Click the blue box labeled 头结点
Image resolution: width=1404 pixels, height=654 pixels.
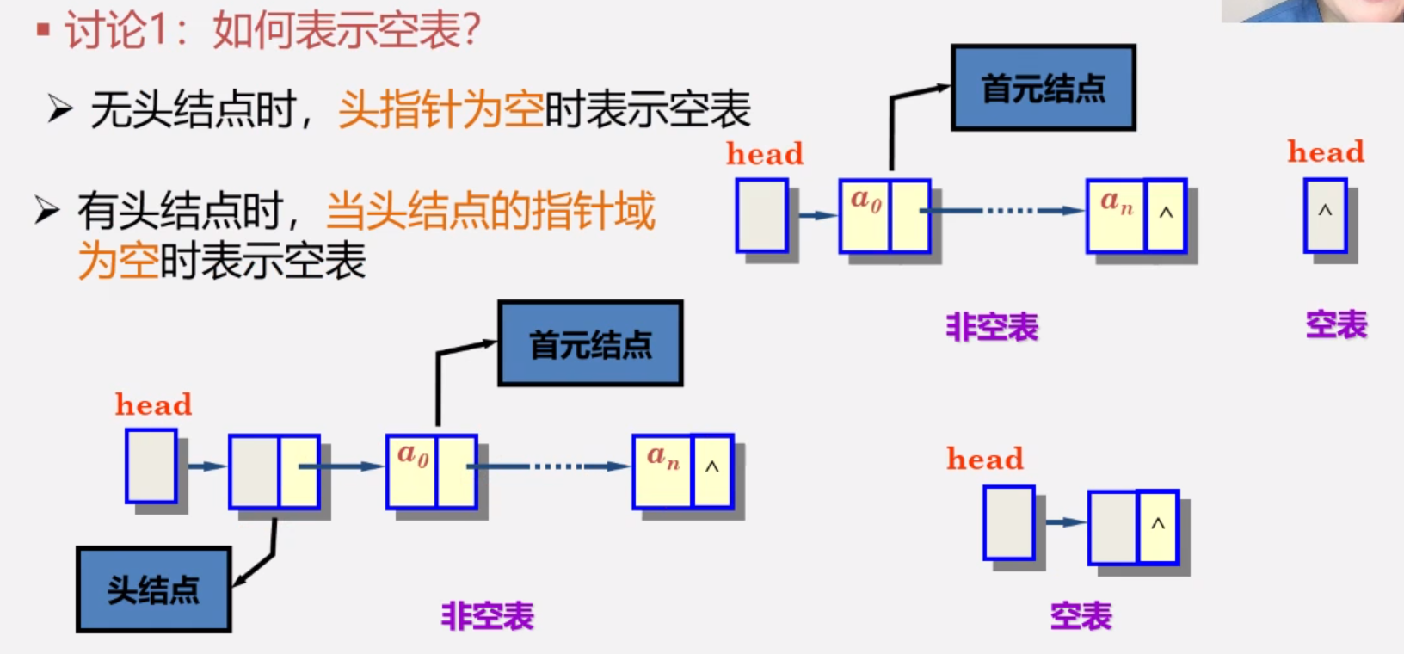(153, 589)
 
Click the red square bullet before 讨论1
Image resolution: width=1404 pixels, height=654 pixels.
(43, 31)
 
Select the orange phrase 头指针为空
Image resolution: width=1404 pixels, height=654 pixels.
(440, 110)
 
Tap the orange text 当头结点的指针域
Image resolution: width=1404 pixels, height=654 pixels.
(490, 211)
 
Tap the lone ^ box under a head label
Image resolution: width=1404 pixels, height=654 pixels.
(1325, 215)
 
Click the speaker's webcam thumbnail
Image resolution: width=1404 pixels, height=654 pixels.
(1312, 10)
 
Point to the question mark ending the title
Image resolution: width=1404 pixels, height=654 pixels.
(471, 31)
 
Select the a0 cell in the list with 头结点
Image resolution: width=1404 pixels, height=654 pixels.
(412, 471)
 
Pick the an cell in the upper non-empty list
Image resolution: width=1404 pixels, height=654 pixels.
(1116, 215)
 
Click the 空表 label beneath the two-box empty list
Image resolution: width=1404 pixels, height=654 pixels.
(1081, 616)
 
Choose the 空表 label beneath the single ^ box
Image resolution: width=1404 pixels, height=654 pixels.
(1336, 325)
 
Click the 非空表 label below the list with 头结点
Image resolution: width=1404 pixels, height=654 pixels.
(488, 616)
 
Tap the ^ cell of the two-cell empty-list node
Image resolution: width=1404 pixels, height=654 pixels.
(1158, 526)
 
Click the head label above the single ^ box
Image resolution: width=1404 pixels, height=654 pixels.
(1326, 152)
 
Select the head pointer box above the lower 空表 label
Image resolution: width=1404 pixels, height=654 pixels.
(1009, 522)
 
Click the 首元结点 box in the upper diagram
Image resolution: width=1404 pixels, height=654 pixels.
(1043, 88)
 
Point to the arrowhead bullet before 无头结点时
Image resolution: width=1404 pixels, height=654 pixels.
(59, 109)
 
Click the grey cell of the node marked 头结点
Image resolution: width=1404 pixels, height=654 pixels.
(255, 471)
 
